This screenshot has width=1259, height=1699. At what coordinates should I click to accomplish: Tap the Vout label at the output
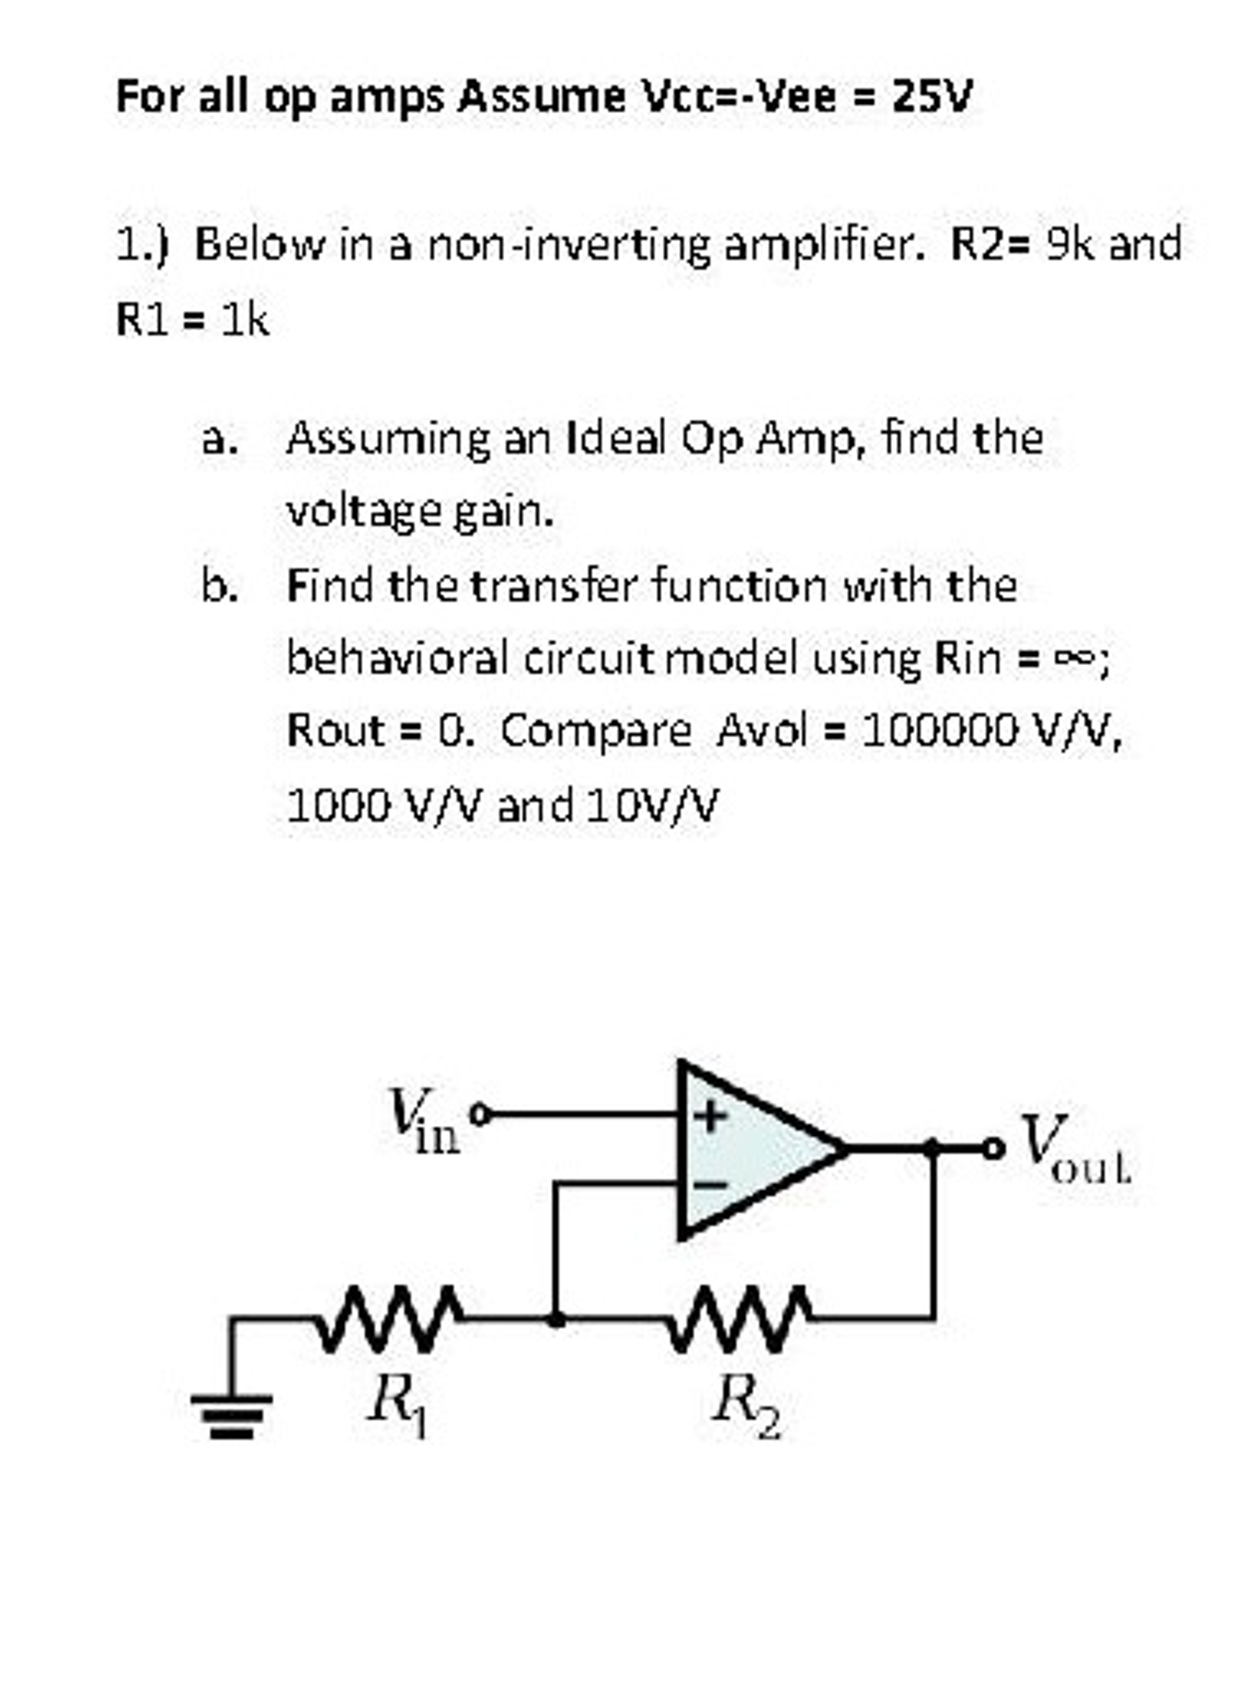pyautogui.click(x=1075, y=1149)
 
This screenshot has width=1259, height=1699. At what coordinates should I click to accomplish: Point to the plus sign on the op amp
pyautogui.click(x=708, y=1115)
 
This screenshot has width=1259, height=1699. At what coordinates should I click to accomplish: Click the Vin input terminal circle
pyautogui.click(x=479, y=1113)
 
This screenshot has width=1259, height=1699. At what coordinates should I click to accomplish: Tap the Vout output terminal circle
pyautogui.click(x=992, y=1148)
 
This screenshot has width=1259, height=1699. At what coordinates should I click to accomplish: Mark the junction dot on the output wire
pyautogui.click(x=932, y=1148)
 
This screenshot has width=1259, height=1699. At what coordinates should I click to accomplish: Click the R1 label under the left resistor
pyautogui.click(x=397, y=1405)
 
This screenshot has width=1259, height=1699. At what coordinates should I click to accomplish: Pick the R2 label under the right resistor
pyautogui.click(x=746, y=1405)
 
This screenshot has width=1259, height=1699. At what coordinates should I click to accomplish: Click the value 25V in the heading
pyautogui.click(x=931, y=97)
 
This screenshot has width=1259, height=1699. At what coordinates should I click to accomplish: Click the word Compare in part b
pyautogui.click(x=595, y=732)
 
